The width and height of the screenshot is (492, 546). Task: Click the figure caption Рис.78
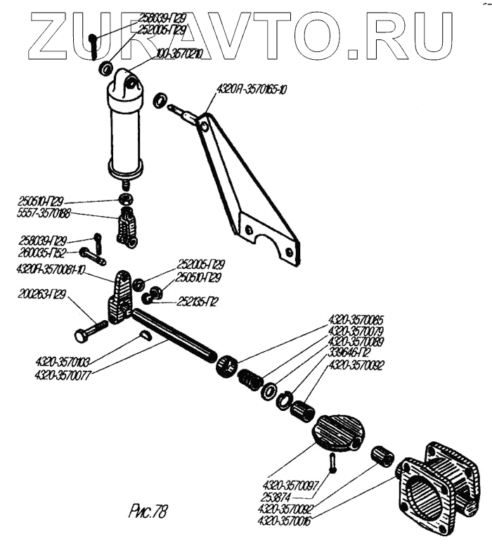click(x=151, y=509)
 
